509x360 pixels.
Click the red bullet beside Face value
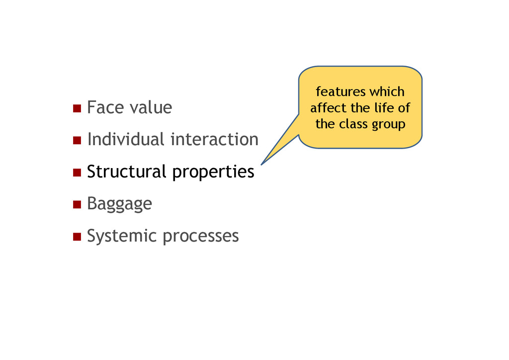coord(77,108)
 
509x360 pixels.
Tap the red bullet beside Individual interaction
coord(77,141)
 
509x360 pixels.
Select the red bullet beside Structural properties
coord(77,173)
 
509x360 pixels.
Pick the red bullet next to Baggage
coord(77,204)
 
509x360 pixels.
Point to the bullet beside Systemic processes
coord(77,237)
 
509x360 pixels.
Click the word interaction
coord(214,139)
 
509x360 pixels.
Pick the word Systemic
coord(122,236)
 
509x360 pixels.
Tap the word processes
coord(201,236)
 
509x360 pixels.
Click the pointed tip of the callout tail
coord(261,164)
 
